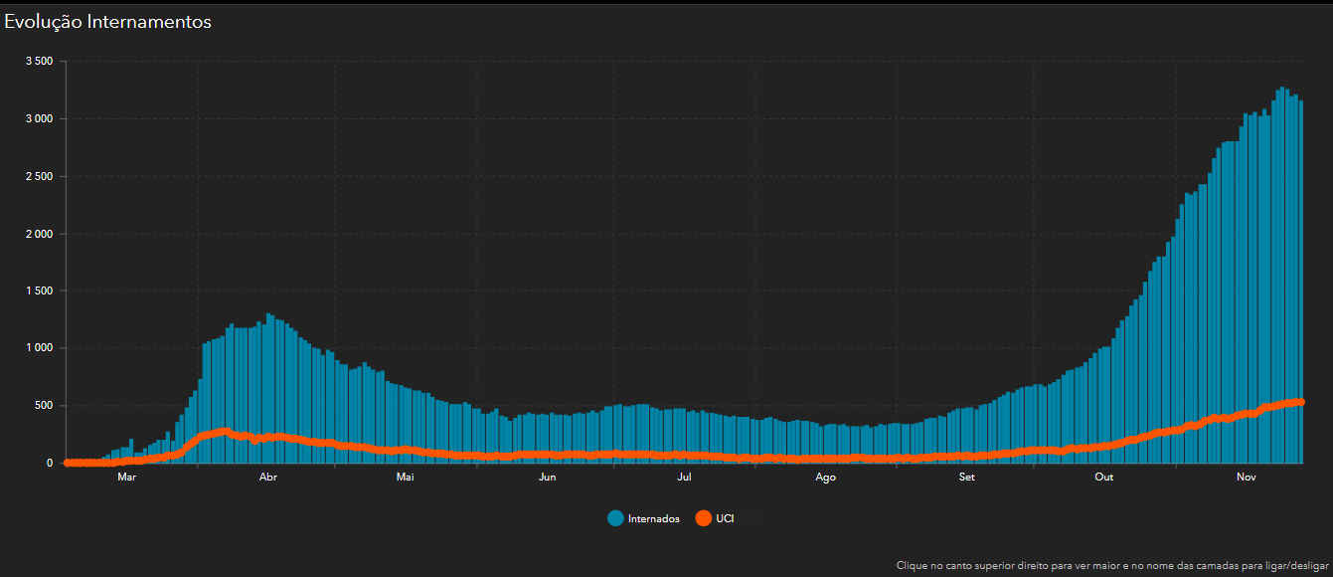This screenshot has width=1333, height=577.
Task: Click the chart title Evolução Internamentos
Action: [107, 22]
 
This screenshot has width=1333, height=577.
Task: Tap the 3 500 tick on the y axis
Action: [39, 62]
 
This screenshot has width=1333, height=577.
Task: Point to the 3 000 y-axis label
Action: [39, 119]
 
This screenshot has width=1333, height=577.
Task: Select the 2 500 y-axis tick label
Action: [39, 177]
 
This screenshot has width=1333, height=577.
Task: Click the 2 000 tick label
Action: [39, 234]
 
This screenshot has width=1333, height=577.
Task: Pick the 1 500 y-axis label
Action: [39, 291]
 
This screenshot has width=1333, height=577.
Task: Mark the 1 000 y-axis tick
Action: [39, 348]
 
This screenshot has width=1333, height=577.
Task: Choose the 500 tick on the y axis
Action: [44, 406]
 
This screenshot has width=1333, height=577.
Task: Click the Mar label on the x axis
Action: [126, 478]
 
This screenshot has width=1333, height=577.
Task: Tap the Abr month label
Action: [267, 478]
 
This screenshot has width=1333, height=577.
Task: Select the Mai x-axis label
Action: [405, 478]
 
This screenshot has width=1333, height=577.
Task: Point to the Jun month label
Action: [547, 478]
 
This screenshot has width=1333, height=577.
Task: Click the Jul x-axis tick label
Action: [684, 478]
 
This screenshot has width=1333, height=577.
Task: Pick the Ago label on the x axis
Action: [825, 478]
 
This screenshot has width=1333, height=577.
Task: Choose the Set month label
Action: [967, 478]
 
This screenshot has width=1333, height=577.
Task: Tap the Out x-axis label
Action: [1104, 478]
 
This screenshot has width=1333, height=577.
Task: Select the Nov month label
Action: [1246, 478]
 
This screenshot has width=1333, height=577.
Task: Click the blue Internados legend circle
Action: [615, 518]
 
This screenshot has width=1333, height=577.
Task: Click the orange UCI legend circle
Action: [704, 518]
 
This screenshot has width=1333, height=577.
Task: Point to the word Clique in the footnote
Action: [913, 565]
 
